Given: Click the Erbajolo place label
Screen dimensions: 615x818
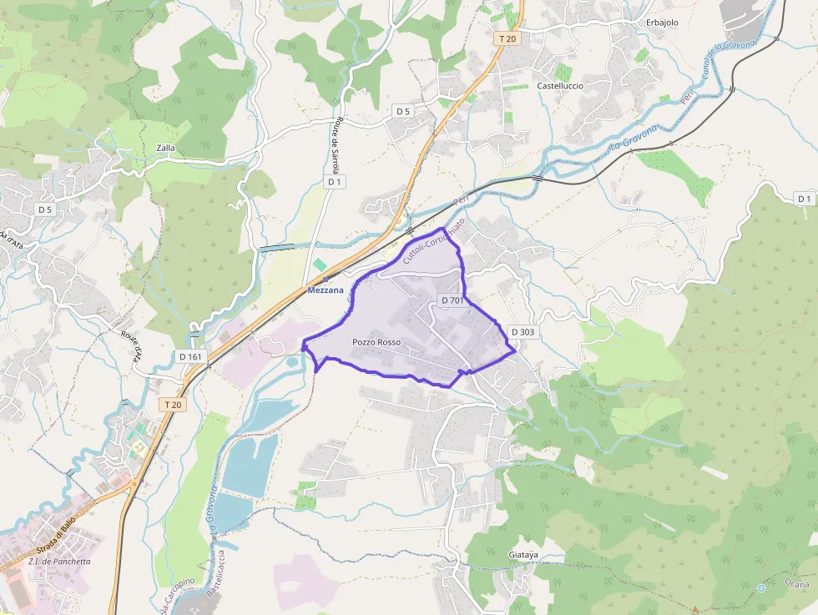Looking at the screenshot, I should pyautogui.click(x=665, y=23).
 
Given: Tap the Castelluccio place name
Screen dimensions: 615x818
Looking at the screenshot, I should pyautogui.click(x=560, y=86).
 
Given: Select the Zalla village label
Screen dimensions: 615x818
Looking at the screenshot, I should pyautogui.click(x=165, y=149).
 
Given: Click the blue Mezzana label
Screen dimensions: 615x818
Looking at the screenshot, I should pyautogui.click(x=326, y=290).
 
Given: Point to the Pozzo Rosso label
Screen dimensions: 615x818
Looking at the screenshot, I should pyautogui.click(x=376, y=343).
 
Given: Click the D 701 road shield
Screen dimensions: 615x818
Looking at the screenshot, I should pyautogui.click(x=451, y=300).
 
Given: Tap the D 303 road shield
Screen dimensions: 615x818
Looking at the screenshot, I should pyautogui.click(x=522, y=332).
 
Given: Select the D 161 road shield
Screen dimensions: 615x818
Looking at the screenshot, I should pyautogui.click(x=190, y=357).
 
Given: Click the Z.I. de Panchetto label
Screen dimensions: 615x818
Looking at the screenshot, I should pyautogui.click(x=59, y=562).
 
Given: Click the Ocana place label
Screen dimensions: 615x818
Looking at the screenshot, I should pyautogui.click(x=797, y=584).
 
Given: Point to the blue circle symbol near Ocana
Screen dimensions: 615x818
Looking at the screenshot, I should pyautogui.click(x=761, y=588).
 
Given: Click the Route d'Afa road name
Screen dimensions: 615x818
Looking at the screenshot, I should pyautogui.click(x=132, y=344).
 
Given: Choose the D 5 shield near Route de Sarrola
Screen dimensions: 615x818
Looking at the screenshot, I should pyautogui.click(x=403, y=111).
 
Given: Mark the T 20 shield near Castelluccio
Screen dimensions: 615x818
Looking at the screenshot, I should pyautogui.click(x=507, y=38).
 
